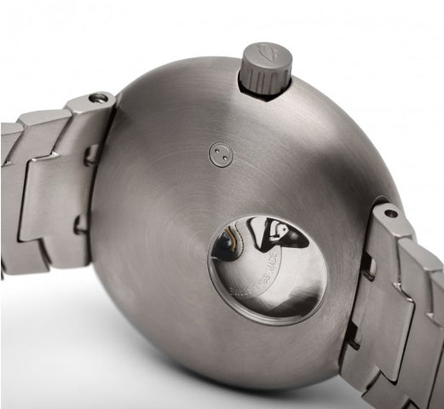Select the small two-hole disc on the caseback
click(x=221, y=154)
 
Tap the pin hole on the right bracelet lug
click(x=389, y=213)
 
